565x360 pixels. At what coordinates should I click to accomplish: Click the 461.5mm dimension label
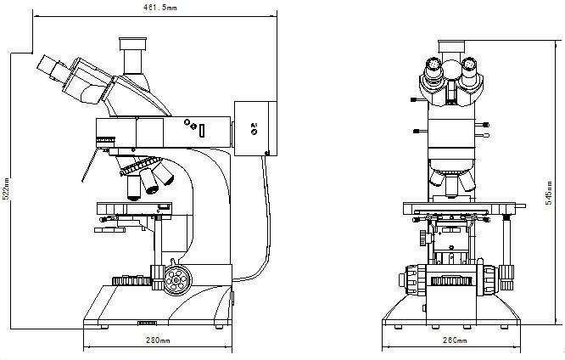(159, 8)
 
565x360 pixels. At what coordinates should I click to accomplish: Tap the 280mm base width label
(158, 340)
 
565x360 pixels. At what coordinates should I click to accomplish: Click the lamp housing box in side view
(255, 128)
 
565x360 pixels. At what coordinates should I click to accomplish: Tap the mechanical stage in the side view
(136, 209)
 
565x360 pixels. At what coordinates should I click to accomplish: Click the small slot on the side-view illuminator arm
(202, 130)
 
